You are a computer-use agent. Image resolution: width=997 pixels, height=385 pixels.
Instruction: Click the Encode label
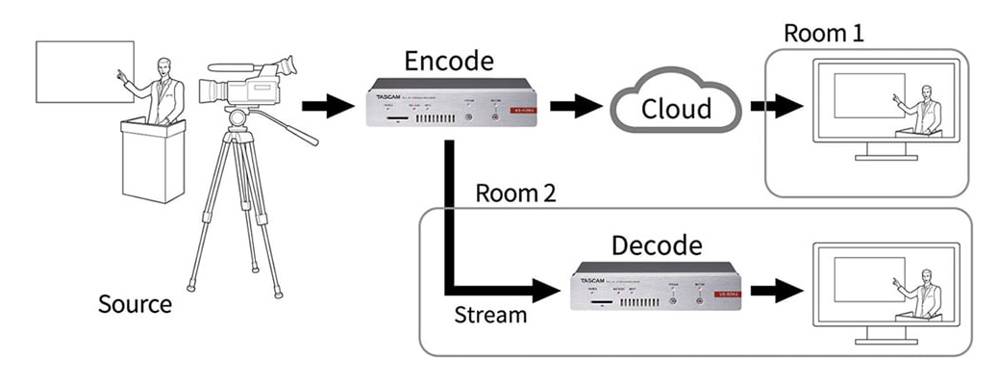(x=449, y=64)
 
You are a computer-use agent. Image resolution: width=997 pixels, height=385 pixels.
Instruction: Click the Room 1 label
(x=823, y=32)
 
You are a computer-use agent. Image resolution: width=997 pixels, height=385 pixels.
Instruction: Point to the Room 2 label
(x=515, y=193)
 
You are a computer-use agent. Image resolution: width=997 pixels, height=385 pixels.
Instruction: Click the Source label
(x=135, y=305)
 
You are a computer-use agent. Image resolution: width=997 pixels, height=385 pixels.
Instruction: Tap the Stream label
(x=489, y=315)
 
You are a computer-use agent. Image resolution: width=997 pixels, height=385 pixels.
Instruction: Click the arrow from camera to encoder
(x=327, y=107)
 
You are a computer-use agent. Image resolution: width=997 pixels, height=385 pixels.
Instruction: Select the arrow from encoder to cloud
(x=577, y=107)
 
